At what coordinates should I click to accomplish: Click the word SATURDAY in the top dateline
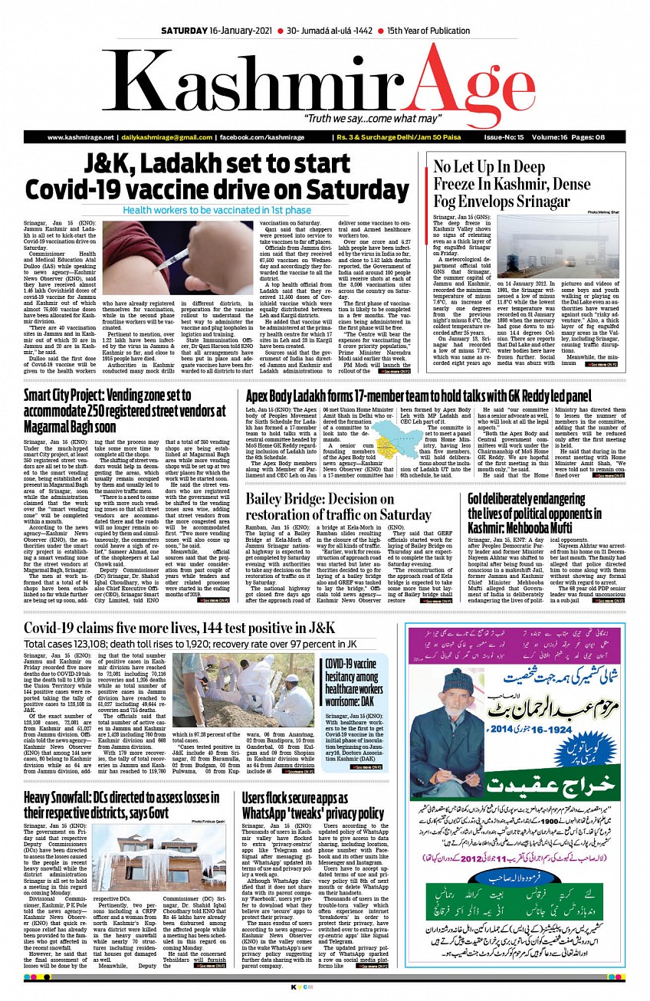(x=186, y=30)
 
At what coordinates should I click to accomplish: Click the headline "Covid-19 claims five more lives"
(x=179, y=628)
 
